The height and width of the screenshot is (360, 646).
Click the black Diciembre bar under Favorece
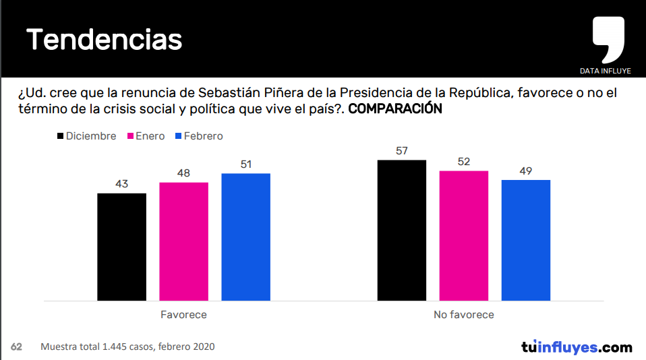point(122,247)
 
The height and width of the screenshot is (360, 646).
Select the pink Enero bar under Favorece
point(183,241)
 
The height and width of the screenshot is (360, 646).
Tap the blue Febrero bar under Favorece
point(245,237)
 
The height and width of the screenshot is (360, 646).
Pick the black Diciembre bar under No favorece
point(402,230)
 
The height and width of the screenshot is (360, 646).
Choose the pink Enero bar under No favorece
point(463,235)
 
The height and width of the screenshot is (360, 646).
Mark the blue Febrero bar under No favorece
point(526,240)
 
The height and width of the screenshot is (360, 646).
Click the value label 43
point(122,184)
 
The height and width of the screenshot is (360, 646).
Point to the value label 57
point(402,151)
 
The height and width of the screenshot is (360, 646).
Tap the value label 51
point(245,164)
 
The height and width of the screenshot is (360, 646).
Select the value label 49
point(526,171)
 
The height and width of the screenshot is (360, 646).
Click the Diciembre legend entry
point(86,136)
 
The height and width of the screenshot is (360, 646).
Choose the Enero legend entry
point(145,136)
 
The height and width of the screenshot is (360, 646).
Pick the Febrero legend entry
point(198,136)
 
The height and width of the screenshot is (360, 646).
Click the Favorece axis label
point(183,315)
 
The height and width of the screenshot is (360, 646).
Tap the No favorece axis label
point(463,315)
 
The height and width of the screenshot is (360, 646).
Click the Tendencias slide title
point(105,40)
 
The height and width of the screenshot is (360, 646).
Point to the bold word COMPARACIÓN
point(395,109)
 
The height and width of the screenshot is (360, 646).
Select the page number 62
point(16,347)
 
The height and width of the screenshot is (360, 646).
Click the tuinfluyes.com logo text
point(577,347)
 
